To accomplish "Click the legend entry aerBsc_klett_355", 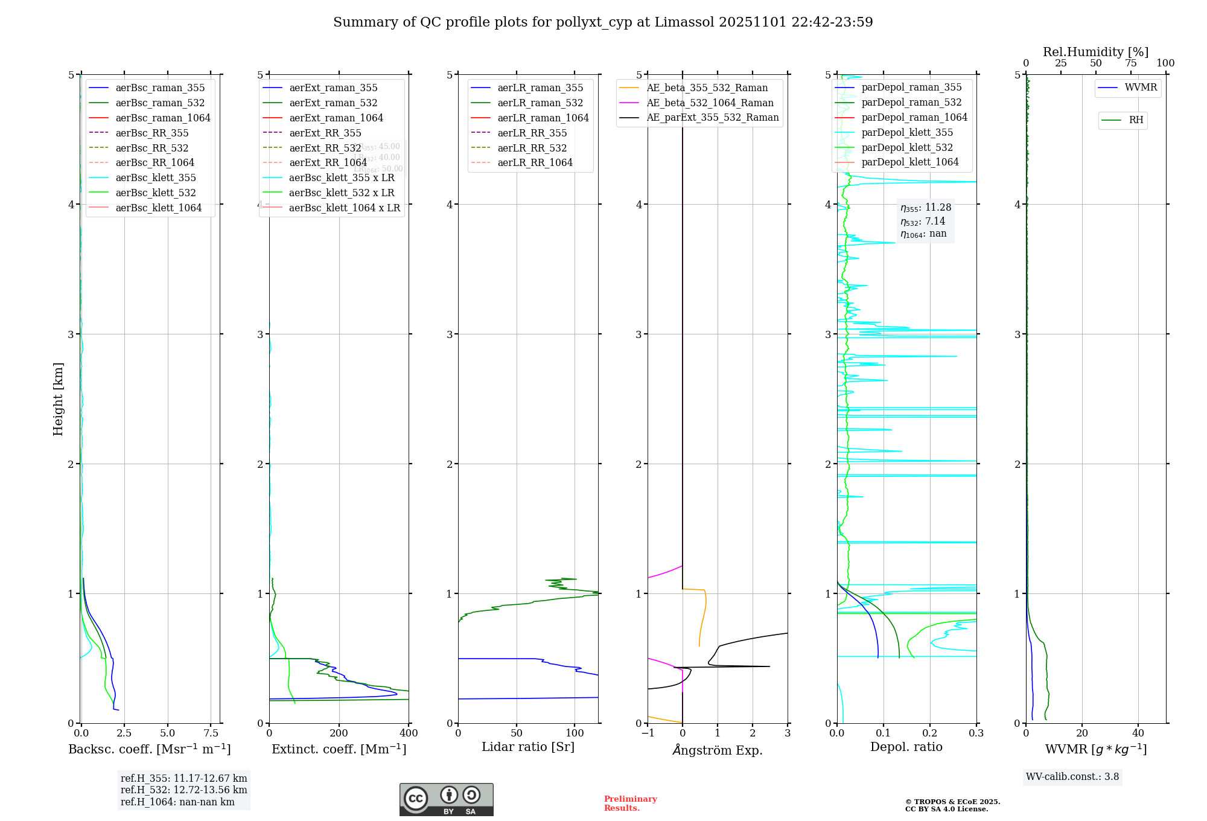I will [x=155, y=177].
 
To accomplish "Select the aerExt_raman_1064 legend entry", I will [x=336, y=118].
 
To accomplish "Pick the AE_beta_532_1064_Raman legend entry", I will [x=710, y=103].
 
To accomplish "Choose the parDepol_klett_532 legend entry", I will [x=906, y=147].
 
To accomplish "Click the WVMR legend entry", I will [x=1141, y=88].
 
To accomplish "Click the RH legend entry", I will [x=1136, y=120].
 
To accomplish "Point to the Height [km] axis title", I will [x=58, y=398].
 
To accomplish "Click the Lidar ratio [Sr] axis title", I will [x=528, y=747].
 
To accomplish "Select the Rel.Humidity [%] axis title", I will [x=1095, y=52].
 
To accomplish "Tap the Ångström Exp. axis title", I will [x=718, y=750].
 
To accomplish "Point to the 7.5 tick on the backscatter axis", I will [x=211, y=733].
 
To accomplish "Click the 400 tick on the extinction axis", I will [x=409, y=733].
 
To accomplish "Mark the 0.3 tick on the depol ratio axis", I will [x=976, y=733].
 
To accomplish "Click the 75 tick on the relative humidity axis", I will [x=1130, y=63].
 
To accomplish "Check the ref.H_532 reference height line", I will [x=183, y=790].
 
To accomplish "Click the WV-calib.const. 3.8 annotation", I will [x=1072, y=777].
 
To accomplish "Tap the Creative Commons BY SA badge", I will [x=446, y=799].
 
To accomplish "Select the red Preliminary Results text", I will [x=630, y=803].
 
